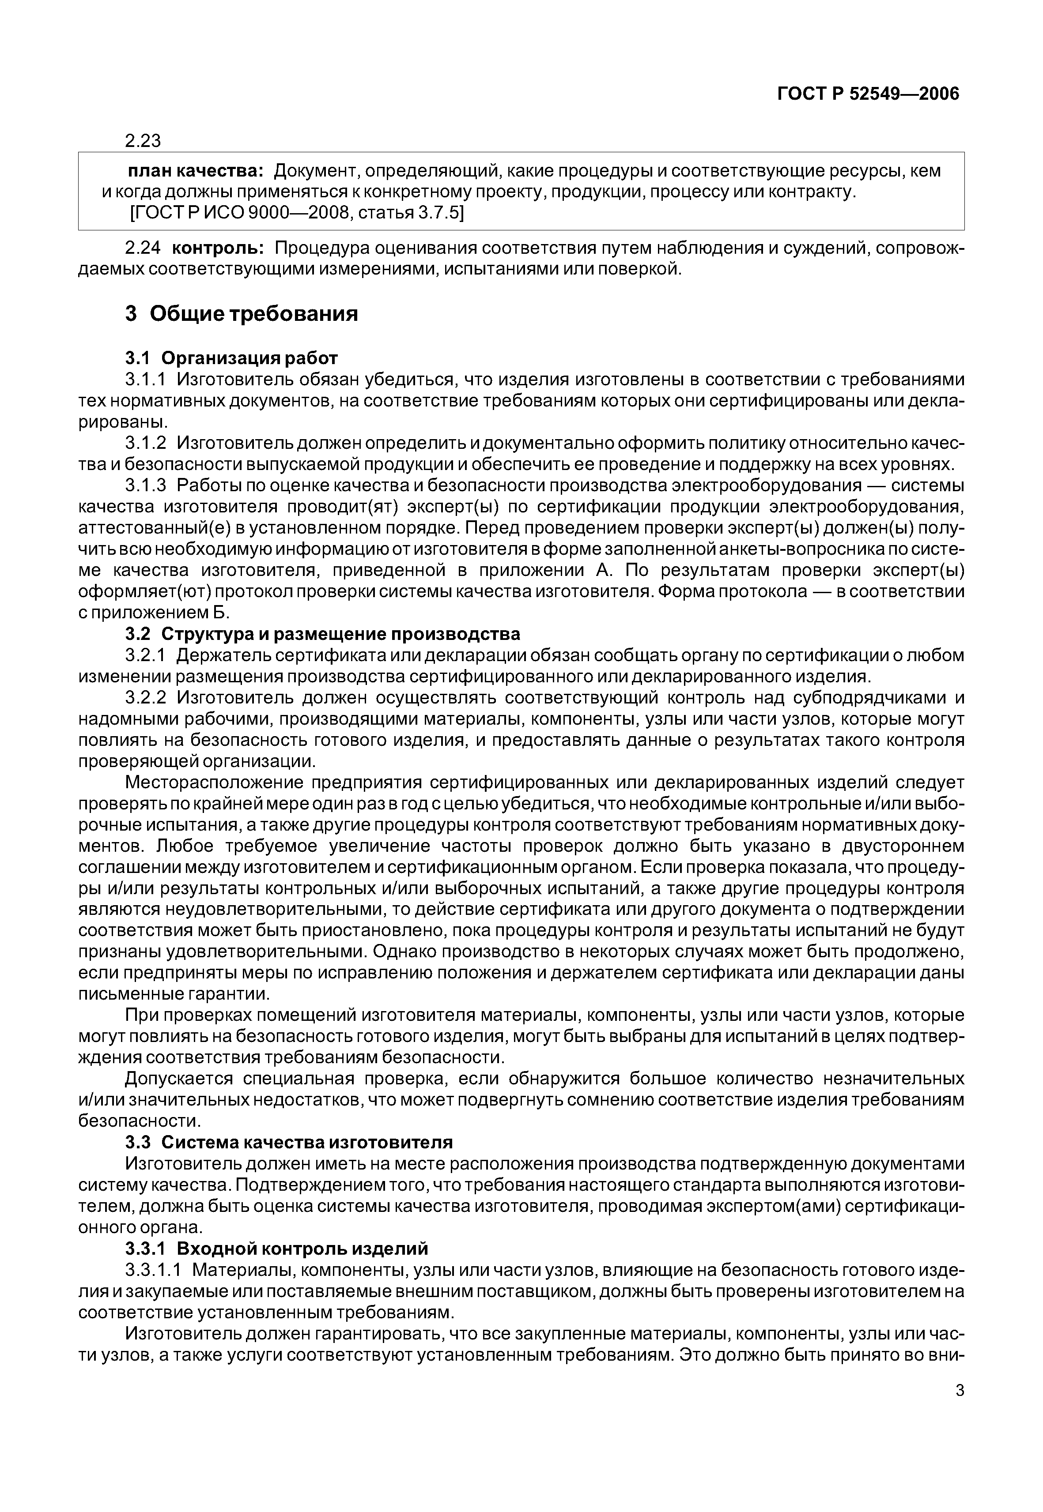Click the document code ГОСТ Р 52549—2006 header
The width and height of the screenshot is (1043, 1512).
tap(868, 94)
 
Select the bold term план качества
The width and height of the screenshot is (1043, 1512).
tap(195, 171)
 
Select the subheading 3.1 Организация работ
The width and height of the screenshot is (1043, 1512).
tap(231, 358)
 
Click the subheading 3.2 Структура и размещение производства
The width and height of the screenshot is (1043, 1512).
tap(322, 634)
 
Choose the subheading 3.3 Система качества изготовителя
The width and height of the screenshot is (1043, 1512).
tap(288, 1144)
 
